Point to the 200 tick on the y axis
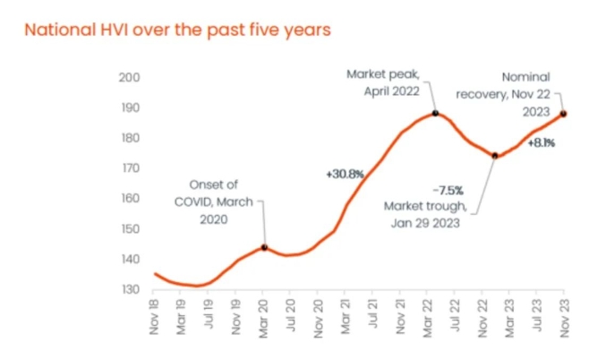coord(130,78)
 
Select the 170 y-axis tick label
coord(130,168)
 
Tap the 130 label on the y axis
coord(130,290)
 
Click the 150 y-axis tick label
coord(130,229)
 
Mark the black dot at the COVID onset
coord(264,247)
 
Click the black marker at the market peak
coord(435,114)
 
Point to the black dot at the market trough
coord(495,156)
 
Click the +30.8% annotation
coord(345,174)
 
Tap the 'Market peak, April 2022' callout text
coord(384,82)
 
